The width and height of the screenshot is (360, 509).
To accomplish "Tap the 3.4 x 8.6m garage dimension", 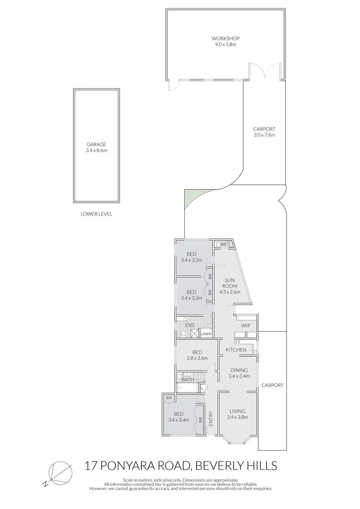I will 96,150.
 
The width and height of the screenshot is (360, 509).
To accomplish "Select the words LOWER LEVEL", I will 96,213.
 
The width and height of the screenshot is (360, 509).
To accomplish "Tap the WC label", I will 224,244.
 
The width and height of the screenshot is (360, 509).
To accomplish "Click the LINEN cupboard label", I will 206,334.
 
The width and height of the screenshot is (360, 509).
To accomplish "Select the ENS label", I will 189,325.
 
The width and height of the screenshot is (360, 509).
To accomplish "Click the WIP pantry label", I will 245,326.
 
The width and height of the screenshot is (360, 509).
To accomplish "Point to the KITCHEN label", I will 236,350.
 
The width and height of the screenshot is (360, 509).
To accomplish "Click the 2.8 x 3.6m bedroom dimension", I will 197,359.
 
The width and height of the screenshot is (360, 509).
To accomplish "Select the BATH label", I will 188,379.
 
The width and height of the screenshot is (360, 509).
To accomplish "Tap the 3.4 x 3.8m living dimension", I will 237,417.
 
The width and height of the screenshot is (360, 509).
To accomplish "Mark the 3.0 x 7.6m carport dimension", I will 264,135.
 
